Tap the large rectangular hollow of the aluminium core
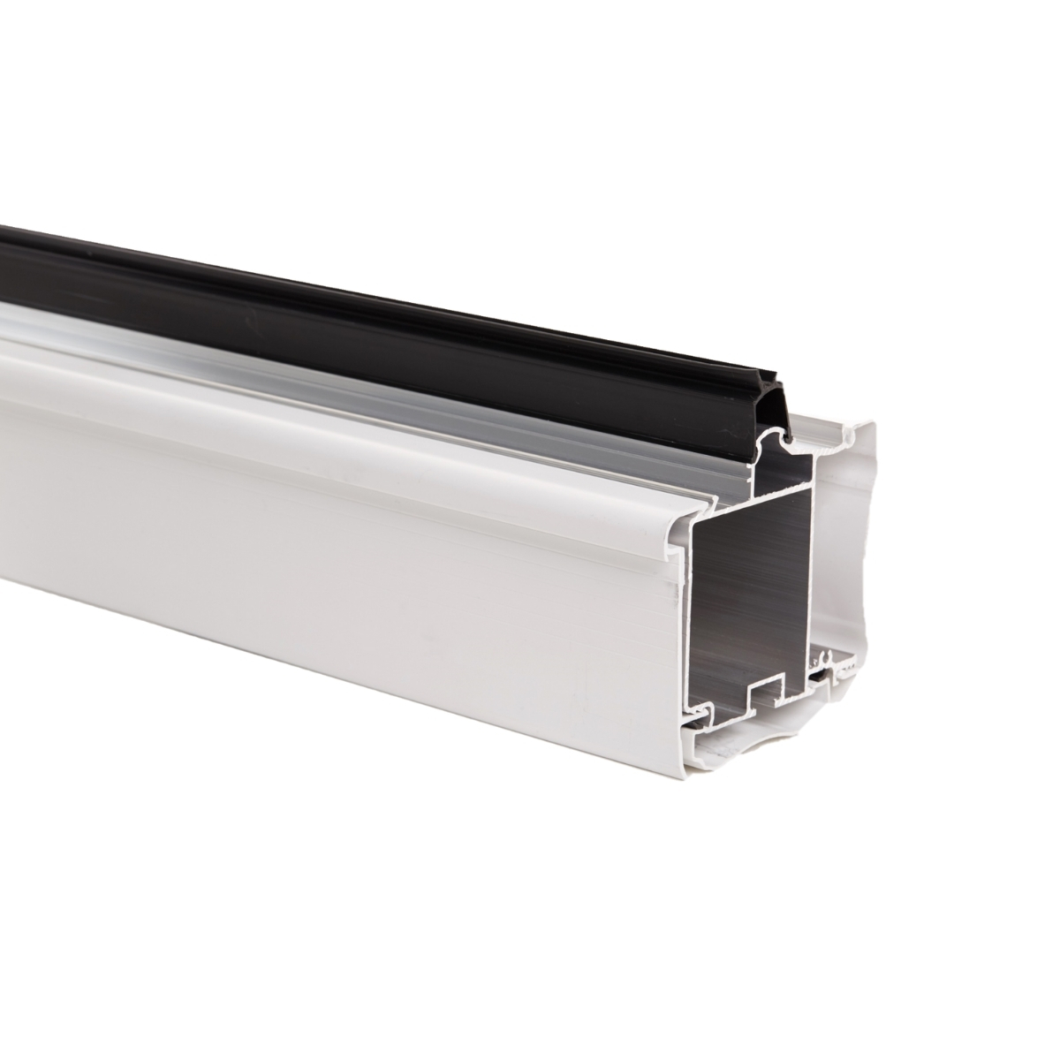pos(751,601)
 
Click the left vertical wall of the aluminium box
pos(698,609)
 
